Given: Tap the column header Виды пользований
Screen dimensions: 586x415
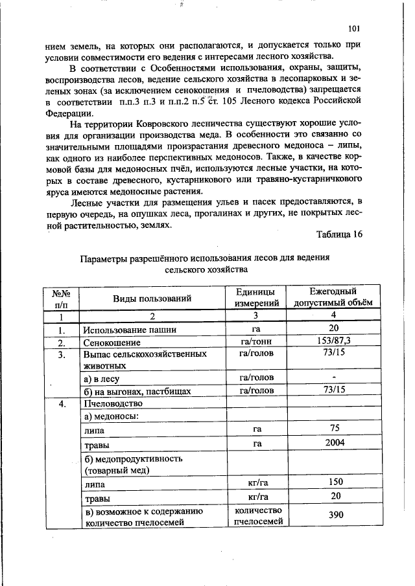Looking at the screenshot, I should pyautogui.click(x=152, y=299).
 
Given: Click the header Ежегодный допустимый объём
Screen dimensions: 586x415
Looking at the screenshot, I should pyautogui.click(x=333, y=298).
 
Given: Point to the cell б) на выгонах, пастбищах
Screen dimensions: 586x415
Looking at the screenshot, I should pyautogui.click(x=128, y=390).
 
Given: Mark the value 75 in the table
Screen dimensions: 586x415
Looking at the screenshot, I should pyautogui.click(x=335, y=429).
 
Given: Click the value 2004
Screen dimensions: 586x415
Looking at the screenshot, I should pyautogui.click(x=334, y=444).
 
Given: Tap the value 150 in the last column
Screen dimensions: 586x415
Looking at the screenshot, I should pyautogui.click(x=335, y=483).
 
